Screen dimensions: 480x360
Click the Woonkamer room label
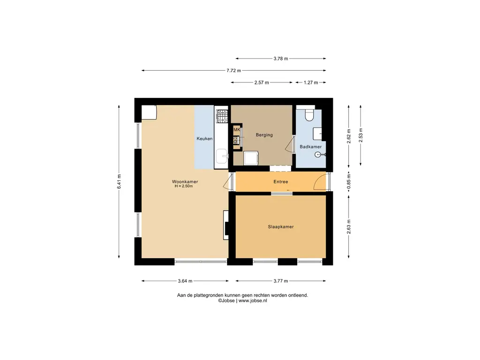(185, 181)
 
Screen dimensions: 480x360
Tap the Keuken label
(204, 139)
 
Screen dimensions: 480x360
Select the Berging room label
(264, 135)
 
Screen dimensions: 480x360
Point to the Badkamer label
(310, 147)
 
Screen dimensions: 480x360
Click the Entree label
(281, 181)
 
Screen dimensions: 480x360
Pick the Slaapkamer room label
(281, 227)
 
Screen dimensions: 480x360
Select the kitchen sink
(222, 157)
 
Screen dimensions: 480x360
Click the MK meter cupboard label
(237, 130)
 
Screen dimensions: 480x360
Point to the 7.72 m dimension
(233, 70)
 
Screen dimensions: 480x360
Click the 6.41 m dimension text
(119, 182)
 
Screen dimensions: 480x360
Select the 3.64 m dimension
(185, 281)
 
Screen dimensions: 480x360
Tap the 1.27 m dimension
(311, 82)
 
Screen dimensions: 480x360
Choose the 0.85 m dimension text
(349, 182)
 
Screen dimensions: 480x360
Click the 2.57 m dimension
(262, 82)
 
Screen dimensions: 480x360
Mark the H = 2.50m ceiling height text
(184, 186)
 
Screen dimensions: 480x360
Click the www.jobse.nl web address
(253, 300)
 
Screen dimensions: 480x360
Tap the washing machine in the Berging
(251, 158)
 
